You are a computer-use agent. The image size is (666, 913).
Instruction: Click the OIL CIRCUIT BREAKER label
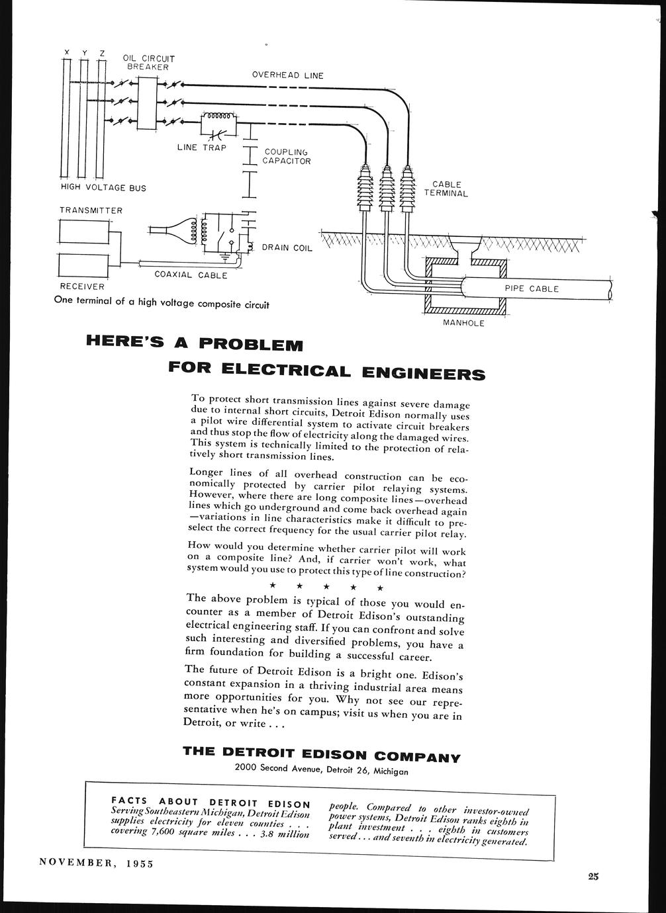[x=149, y=62]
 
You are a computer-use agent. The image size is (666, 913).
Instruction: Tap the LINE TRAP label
[x=202, y=147]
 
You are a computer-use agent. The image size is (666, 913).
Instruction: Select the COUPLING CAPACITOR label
[x=287, y=156]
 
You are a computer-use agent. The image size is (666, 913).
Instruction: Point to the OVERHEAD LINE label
[x=288, y=75]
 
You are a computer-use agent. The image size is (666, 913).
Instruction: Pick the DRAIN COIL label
[x=287, y=247]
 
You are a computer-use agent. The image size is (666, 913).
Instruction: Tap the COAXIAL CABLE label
[x=191, y=275]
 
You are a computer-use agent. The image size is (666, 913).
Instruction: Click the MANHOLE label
[x=463, y=323]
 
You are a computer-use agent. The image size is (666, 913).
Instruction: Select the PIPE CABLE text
[x=532, y=288]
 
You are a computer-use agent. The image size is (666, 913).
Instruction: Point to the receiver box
[x=83, y=265]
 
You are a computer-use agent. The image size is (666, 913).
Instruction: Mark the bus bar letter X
[x=66, y=52]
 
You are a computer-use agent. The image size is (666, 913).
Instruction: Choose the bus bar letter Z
[x=101, y=52]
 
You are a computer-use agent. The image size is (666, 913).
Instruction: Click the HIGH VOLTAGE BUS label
[x=103, y=188]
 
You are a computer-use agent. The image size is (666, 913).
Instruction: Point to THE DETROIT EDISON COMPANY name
[x=321, y=754]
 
